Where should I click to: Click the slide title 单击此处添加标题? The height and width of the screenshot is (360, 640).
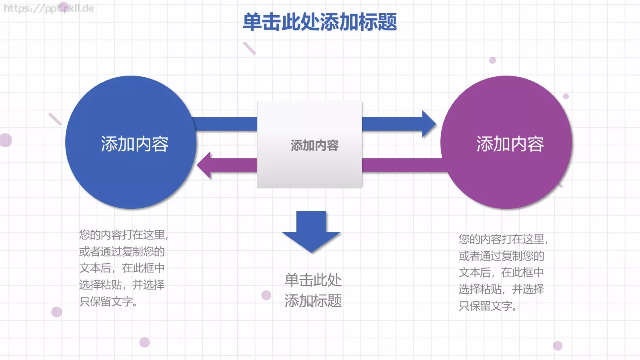point(320,22)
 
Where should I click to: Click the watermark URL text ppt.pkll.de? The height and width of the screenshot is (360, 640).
point(49,8)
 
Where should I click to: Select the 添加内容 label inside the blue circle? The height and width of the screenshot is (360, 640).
point(134,144)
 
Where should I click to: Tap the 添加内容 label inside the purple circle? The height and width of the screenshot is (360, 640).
point(510,144)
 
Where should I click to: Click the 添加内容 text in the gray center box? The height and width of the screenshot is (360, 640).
point(314,146)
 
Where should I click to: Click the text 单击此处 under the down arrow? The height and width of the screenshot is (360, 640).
point(313,280)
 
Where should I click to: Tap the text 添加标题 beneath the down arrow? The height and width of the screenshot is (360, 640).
point(313,301)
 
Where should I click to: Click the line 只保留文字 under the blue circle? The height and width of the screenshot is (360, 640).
point(108,302)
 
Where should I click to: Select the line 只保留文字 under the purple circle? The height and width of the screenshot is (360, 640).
point(488,306)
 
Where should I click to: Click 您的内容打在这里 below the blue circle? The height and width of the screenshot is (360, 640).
point(123,235)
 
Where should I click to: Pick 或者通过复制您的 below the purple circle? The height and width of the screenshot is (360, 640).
point(501,256)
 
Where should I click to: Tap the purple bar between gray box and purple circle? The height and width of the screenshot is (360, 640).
point(402,165)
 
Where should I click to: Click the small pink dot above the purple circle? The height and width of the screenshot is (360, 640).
point(492,60)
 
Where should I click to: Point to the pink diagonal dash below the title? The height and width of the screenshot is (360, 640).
point(249,48)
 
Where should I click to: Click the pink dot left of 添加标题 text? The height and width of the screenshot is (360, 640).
point(266,295)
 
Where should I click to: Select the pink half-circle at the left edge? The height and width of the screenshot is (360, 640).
point(6,140)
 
